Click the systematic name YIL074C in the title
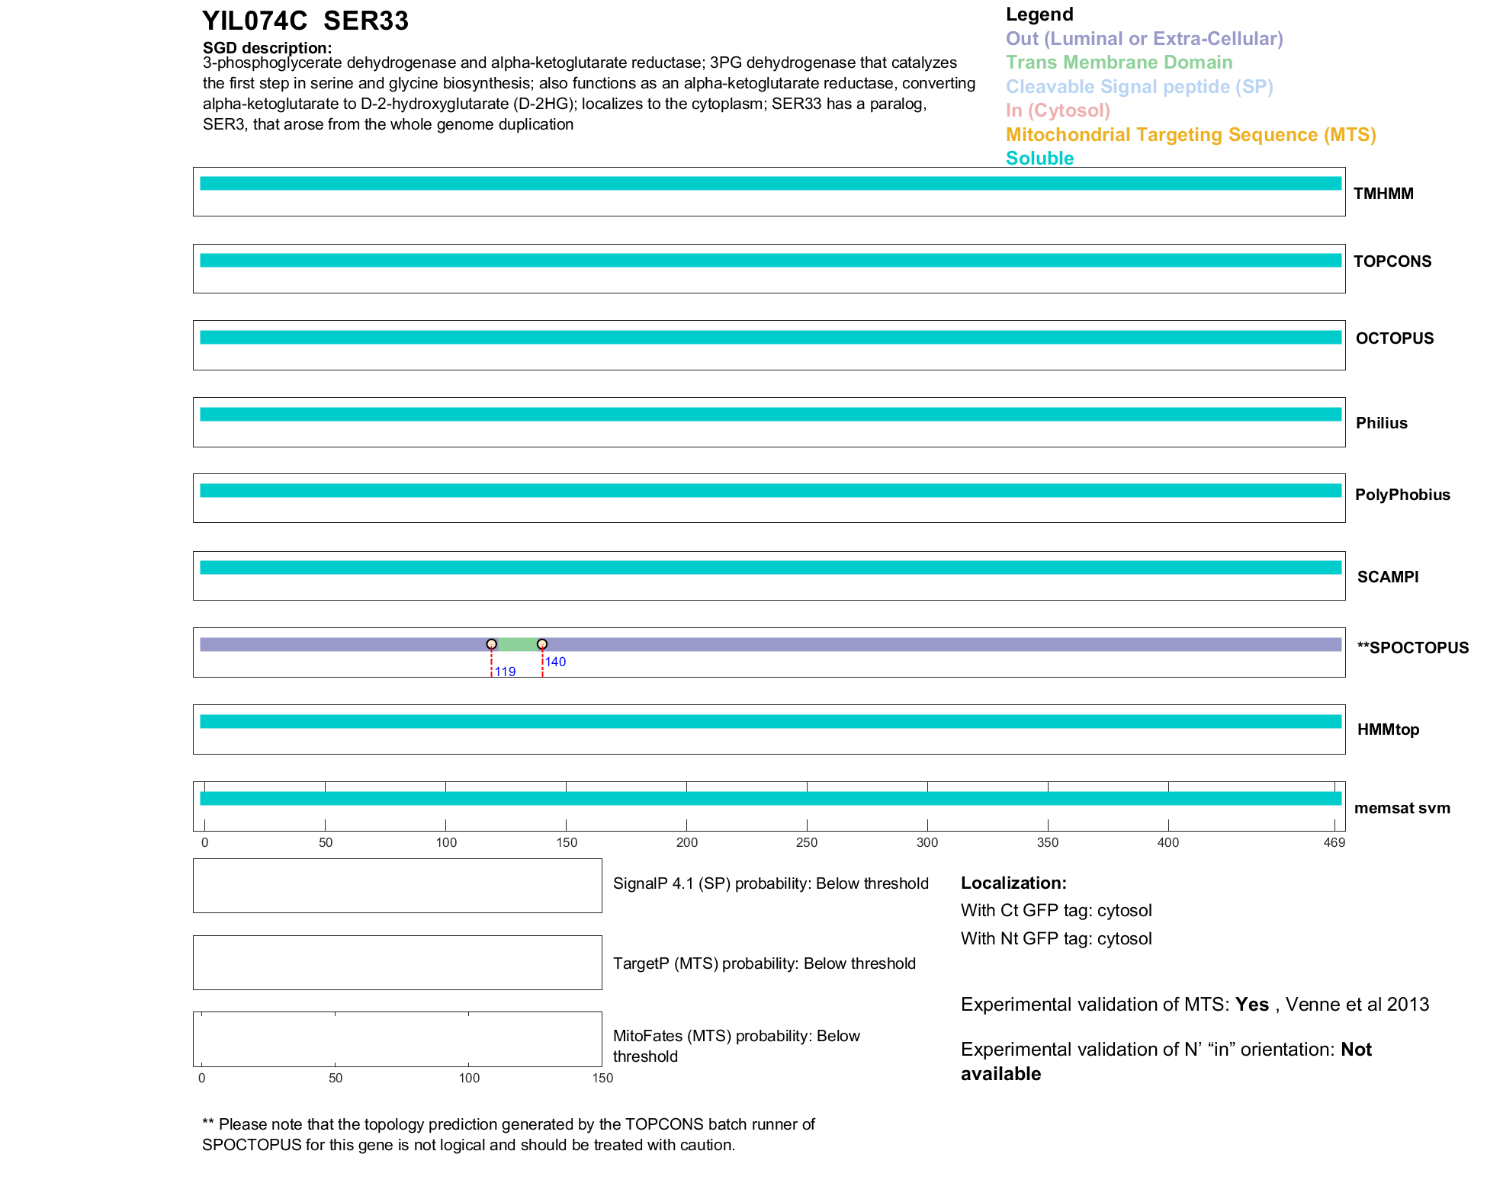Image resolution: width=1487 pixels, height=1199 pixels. (x=255, y=21)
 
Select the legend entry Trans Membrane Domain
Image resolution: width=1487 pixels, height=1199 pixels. (x=1119, y=63)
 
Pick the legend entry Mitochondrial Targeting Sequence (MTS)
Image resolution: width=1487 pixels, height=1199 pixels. (x=1190, y=135)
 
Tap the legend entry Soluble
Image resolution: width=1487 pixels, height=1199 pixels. (x=1039, y=159)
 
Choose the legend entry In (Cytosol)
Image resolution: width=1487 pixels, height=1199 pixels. (x=1058, y=111)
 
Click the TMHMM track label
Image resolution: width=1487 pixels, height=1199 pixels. (x=1383, y=194)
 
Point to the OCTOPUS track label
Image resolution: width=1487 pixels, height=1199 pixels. (x=1394, y=338)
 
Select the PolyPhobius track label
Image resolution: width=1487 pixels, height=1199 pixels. (x=1402, y=495)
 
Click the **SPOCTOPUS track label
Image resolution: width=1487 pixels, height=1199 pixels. (x=1412, y=648)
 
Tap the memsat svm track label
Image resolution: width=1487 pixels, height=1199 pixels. (x=1402, y=808)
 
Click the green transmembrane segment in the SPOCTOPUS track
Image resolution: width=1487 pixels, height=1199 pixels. (x=517, y=645)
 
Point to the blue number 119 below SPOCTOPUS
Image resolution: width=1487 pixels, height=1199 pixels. (x=505, y=672)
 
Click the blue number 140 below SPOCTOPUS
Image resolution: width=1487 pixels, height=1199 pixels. (x=555, y=662)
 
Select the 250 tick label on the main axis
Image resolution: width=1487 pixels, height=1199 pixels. (x=806, y=842)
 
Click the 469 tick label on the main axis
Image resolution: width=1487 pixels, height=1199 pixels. (x=1334, y=842)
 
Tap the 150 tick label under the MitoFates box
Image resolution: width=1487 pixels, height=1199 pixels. (x=602, y=1078)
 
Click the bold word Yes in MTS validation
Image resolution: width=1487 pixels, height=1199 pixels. (x=1251, y=1005)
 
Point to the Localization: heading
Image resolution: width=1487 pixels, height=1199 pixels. (x=1013, y=883)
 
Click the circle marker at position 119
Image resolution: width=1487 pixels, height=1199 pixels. (x=492, y=644)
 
